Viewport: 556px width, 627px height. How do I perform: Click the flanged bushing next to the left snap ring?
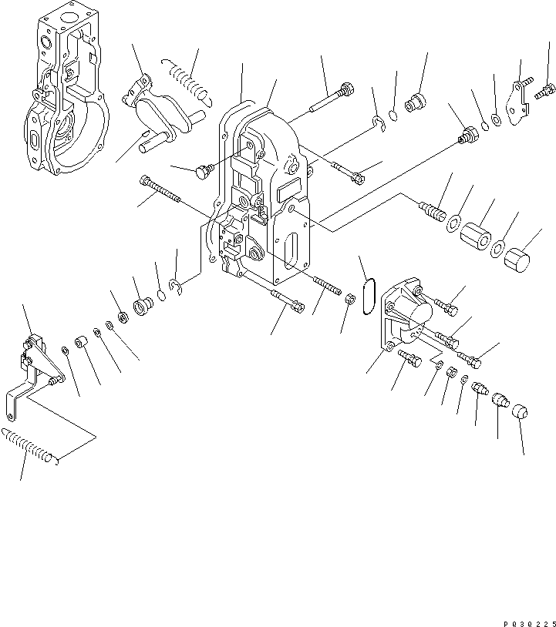click(x=143, y=307)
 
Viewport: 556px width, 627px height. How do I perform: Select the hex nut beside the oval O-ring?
click(x=349, y=300)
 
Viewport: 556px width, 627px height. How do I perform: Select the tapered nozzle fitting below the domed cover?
click(x=479, y=391)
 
